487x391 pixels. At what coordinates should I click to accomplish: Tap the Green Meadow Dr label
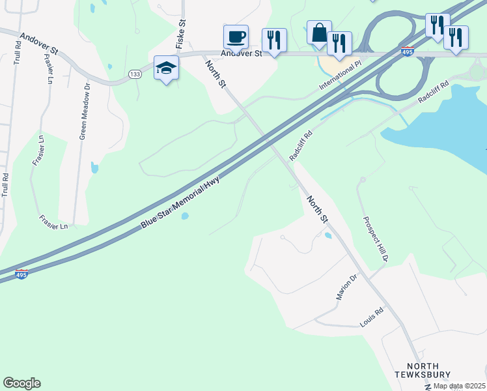(x=83, y=111)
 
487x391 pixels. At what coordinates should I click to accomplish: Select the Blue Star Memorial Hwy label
(x=180, y=203)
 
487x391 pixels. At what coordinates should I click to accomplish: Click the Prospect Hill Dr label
(x=376, y=239)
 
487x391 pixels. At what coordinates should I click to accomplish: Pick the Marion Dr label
(x=347, y=287)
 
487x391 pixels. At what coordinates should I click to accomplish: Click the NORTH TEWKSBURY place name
(x=423, y=370)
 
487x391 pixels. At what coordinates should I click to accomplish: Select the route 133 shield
(x=135, y=74)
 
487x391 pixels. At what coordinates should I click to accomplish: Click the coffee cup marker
(x=235, y=36)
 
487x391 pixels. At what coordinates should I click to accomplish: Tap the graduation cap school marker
(x=166, y=66)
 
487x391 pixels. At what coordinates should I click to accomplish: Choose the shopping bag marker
(x=319, y=32)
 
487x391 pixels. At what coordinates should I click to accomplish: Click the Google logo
(x=21, y=383)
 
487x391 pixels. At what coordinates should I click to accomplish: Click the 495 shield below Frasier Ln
(x=21, y=275)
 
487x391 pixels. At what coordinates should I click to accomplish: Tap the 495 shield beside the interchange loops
(x=408, y=51)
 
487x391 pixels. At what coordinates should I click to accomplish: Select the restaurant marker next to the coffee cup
(x=273, y=40)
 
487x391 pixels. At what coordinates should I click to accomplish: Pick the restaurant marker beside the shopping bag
(x=339, y=43)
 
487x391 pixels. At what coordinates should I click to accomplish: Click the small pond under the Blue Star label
(x=185, y=216)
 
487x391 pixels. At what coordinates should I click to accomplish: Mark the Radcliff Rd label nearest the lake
(x=434, y=91)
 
